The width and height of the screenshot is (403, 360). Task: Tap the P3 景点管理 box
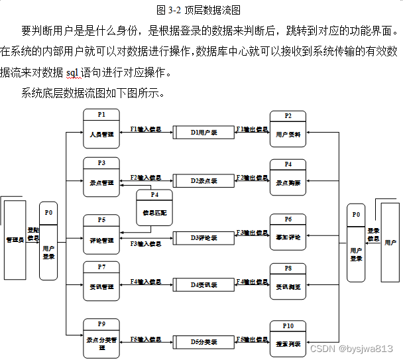101,176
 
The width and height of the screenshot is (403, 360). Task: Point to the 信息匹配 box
154,208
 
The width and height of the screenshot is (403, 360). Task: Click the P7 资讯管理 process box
101,281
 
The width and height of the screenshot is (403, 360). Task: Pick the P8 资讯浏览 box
288,281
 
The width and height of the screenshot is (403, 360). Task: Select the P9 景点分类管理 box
101,337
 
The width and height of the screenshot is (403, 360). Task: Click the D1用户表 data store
204,132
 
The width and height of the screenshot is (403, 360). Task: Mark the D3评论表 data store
204,237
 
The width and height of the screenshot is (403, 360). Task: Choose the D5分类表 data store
204,342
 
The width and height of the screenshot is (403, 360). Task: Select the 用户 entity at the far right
390,243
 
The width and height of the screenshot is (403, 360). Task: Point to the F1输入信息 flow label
146,129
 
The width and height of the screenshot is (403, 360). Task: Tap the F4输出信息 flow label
252,282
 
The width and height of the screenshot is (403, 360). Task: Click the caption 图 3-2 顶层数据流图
198,10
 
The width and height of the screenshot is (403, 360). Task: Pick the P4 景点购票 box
288,176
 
